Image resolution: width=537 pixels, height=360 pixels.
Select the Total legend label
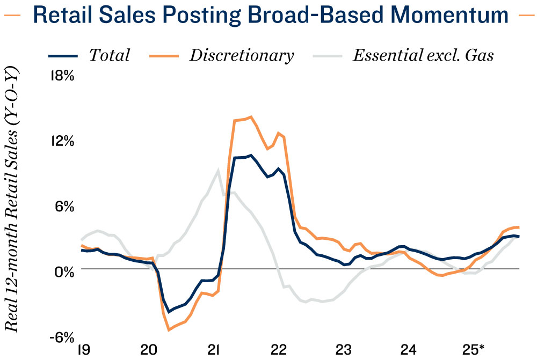coord(110,55)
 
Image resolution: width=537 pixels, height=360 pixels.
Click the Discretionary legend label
coord(241,55)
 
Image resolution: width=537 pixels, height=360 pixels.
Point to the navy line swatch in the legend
coord(63,56)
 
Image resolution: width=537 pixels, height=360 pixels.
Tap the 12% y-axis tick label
coord(61,141)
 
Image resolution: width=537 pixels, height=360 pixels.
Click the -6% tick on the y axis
coord(61,337)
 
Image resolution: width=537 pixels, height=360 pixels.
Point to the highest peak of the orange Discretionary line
coord(251,116)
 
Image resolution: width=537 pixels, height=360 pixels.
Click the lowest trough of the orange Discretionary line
coord(169,329)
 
